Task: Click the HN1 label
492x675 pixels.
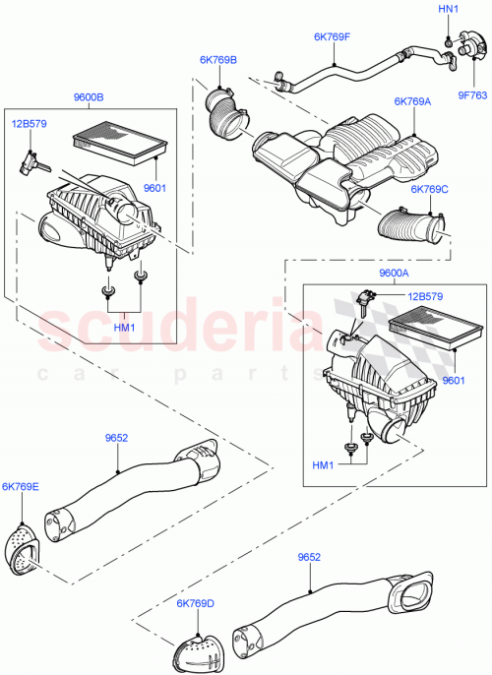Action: [448, 10]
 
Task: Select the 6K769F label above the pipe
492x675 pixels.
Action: [332, 37]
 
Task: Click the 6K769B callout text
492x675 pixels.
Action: [218, 60]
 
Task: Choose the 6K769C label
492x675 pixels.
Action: [429, 189]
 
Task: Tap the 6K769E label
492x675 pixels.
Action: [20, 486]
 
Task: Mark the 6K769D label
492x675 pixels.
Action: [196, 603]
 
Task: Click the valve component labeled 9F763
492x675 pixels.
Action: [464, 48]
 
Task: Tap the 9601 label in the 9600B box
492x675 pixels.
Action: [154, 187]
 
